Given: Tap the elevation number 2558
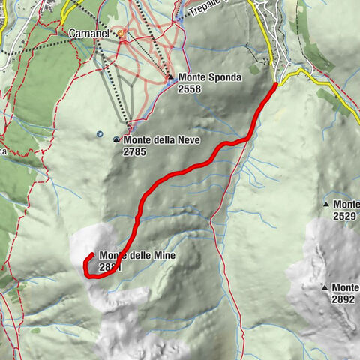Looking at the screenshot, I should pos(190,88).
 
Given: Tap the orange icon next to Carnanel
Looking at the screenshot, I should pos(121,34).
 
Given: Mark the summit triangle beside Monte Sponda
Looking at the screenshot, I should pos(171,76).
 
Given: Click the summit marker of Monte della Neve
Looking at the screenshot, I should pos(116,140).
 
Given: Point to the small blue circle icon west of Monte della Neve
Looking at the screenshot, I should pos(100,134).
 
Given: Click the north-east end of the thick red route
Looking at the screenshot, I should pos(275,84).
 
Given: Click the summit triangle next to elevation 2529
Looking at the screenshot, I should pos(326,205).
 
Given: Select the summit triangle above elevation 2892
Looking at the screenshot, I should pos(325,287).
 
